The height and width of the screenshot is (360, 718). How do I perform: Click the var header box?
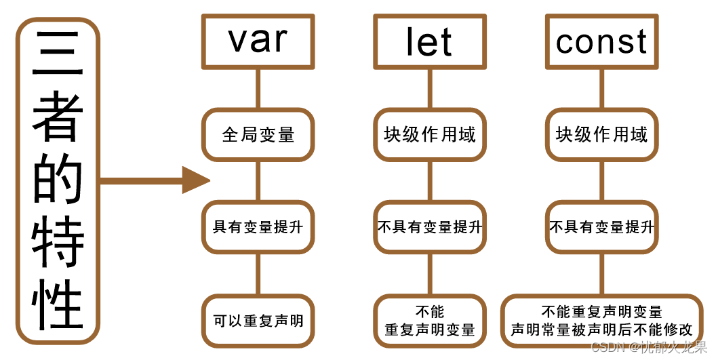click(258, 41)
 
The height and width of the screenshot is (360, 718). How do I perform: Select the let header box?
click(429, 42)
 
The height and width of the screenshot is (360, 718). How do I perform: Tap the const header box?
click(601, 42)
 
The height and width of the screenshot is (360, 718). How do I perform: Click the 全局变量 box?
click(258, 134)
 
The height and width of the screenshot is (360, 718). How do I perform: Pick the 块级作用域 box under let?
click(429, 134)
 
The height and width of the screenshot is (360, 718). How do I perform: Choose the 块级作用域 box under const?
click(601, 134)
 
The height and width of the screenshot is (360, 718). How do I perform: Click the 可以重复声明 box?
click(258, 320)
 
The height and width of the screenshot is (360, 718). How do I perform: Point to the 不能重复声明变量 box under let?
click(429, 321)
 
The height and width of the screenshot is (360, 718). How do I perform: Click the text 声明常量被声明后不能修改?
click(601, 330)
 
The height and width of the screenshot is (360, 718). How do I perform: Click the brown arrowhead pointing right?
click(197, 181)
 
